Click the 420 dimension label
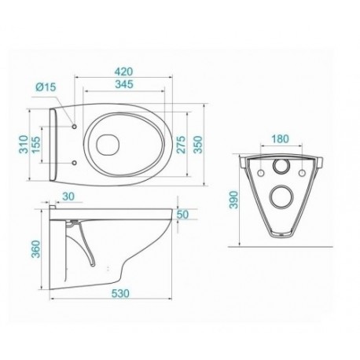click(124, 72)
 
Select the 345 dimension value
click(124, 84)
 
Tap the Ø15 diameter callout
click(46, 86)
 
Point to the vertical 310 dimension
click(24, 144)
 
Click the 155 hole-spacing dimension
click(36, 145)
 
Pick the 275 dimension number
click(181, 145)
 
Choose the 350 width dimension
click(198, 145)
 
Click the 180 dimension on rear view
click(280, 139)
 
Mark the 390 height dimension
click(233, 200)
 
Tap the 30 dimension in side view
click(68, 197)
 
